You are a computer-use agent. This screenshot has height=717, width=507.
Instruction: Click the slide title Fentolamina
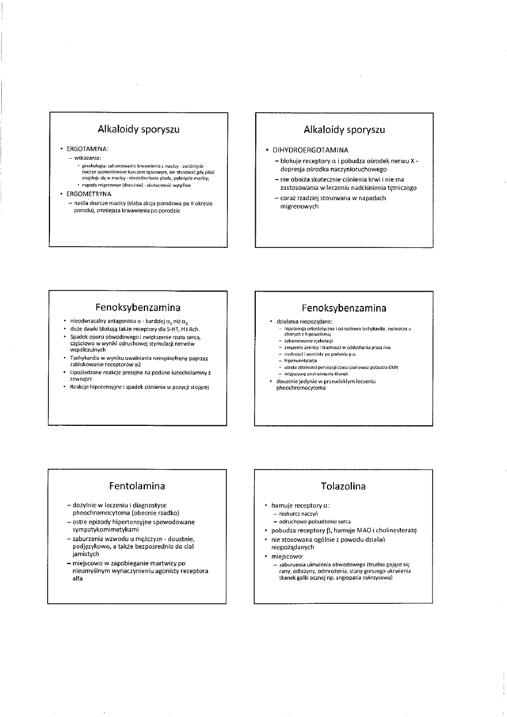[138, 486]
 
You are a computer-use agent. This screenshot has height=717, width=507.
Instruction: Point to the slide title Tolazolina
[343, 486]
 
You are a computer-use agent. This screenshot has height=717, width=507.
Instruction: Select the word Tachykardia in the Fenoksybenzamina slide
[84, 358]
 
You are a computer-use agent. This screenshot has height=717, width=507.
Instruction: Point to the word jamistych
[86, 553]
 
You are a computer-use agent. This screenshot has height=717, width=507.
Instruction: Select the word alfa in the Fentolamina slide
[78, 578]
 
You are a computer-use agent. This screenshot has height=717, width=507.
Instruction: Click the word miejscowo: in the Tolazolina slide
[287, 556]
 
